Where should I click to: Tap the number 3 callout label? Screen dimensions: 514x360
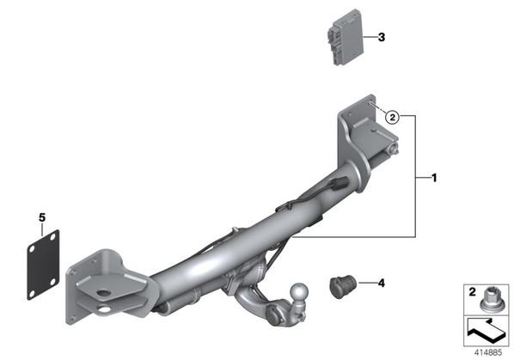tap(382, 37)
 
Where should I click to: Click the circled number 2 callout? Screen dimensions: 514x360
tap(393, 116)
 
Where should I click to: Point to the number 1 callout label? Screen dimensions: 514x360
tap(434, 178)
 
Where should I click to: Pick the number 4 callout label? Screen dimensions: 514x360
tap(382, 283)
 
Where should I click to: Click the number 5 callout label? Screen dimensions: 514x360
tap(42, 217)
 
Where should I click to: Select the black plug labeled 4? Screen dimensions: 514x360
tap(343, 287)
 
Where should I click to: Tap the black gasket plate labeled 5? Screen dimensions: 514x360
tap(43, 265)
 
